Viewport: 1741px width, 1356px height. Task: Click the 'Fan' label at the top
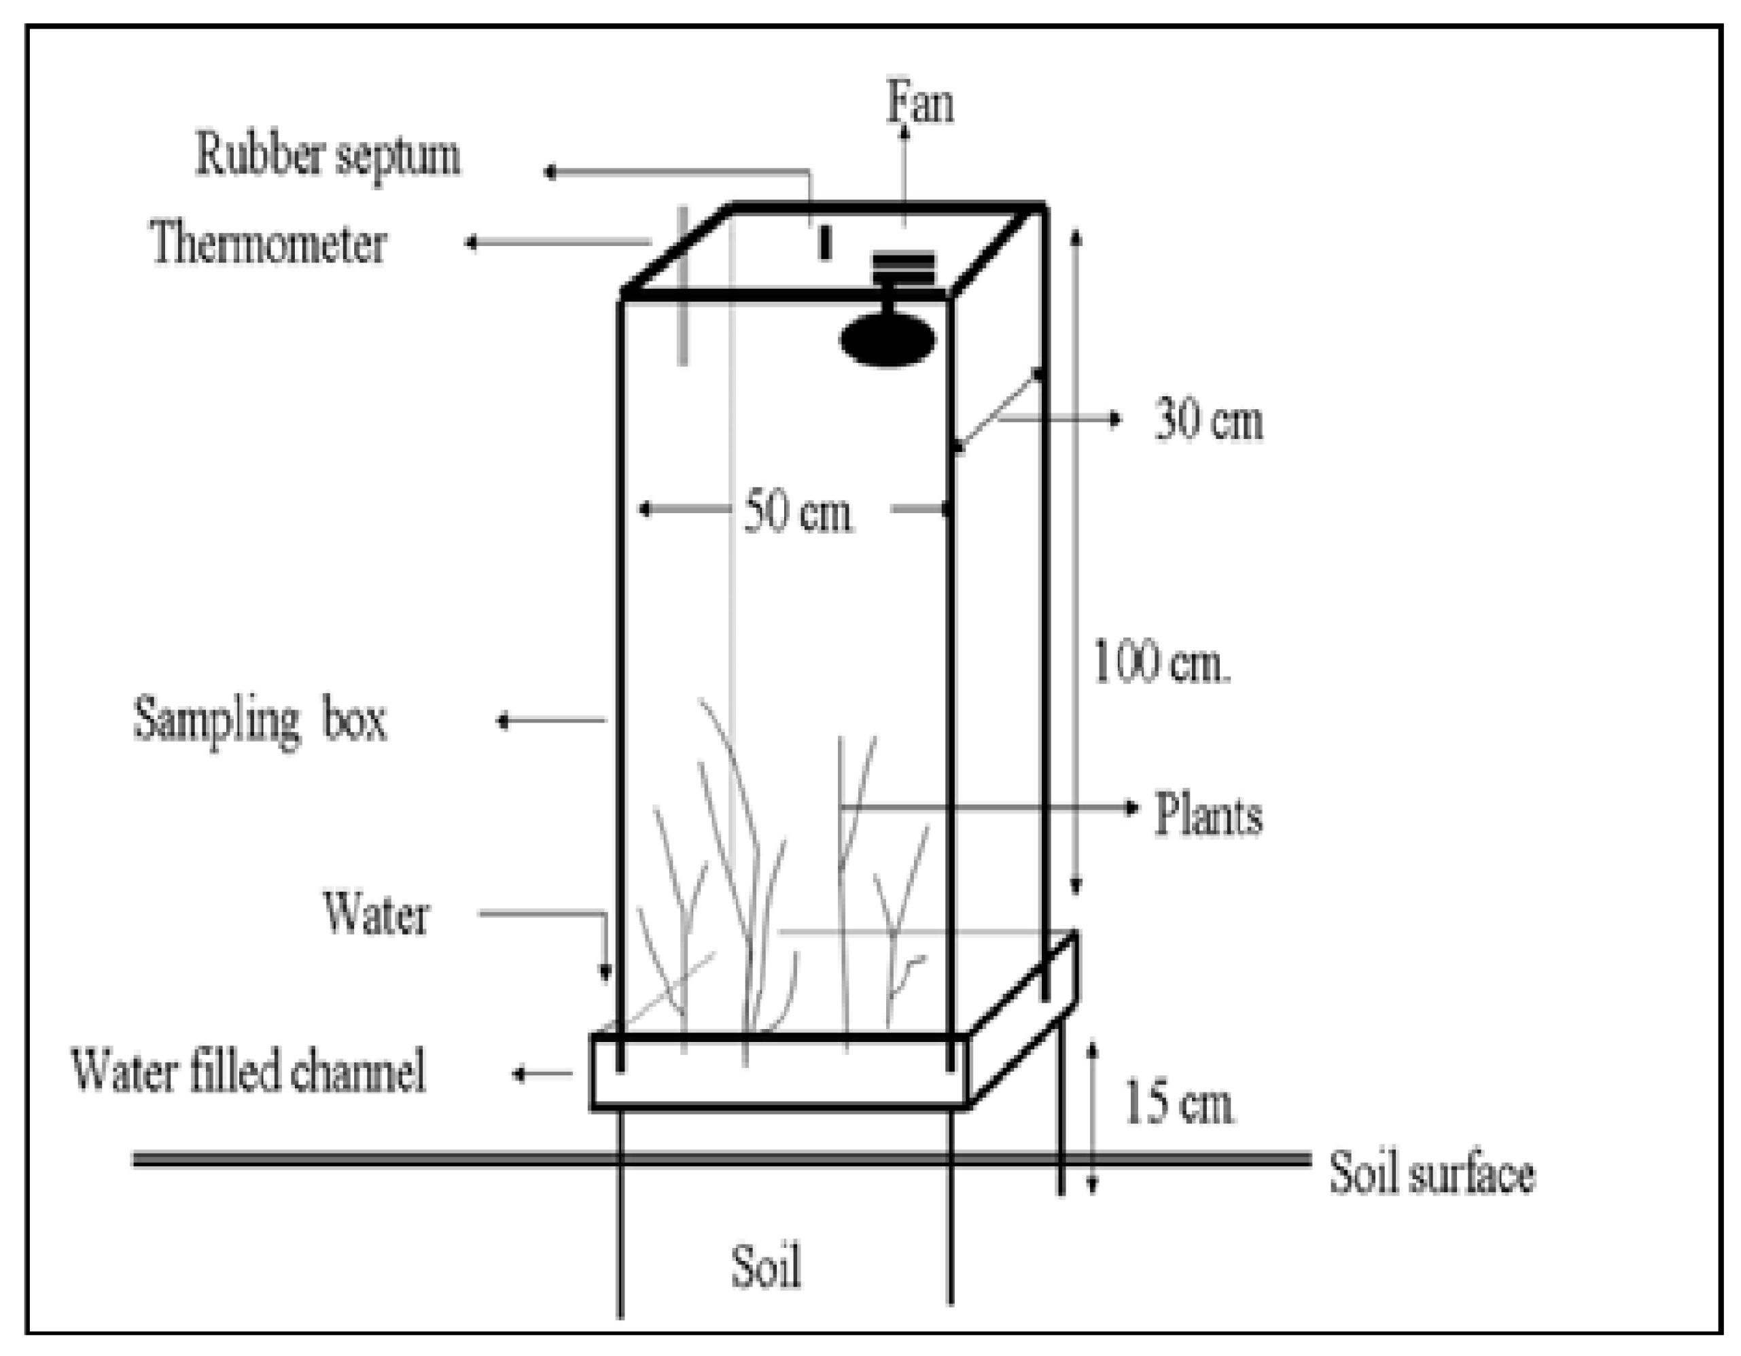point(920,103)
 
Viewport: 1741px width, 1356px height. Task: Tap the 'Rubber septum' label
point(328,155)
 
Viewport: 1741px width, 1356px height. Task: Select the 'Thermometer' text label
point(268,243)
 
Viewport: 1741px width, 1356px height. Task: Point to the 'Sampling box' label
point(260,720)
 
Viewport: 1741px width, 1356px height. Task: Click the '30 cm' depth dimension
point(1208,420)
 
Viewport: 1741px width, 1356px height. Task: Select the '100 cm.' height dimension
point(1160,661)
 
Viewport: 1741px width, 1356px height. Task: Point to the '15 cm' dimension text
point(1178,1103)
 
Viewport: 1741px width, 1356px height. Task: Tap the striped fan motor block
point(902,268)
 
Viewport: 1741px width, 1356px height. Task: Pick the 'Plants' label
point(1208,816)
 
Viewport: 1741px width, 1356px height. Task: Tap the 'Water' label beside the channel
point(376,914)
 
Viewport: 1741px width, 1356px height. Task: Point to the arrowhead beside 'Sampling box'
point(502,721)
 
